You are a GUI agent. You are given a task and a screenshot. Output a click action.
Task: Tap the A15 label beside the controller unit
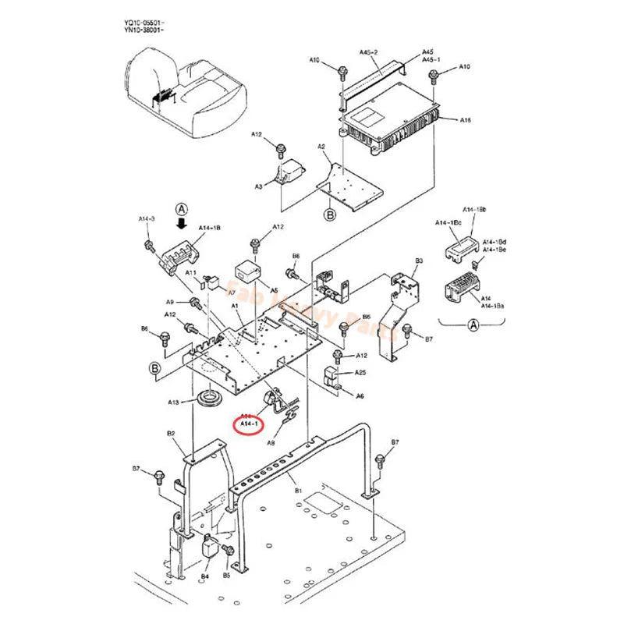[465, 119]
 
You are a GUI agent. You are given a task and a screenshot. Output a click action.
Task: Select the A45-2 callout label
[368, 52]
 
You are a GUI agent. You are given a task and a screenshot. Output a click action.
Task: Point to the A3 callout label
[258, 186]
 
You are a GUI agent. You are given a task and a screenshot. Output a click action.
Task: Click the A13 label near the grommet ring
[175, 402]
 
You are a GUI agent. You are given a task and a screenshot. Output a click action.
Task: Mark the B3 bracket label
[419, 261]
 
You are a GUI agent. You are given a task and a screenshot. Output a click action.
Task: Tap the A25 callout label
[360, 373]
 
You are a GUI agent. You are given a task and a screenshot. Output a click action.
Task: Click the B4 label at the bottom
[205, 576]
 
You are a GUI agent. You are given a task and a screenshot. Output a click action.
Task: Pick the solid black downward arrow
[183, 224]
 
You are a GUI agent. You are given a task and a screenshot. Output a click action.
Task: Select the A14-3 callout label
[147, 219]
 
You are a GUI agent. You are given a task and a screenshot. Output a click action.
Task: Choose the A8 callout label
[271, 442]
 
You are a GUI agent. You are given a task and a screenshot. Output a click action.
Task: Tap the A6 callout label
[360, 396]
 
